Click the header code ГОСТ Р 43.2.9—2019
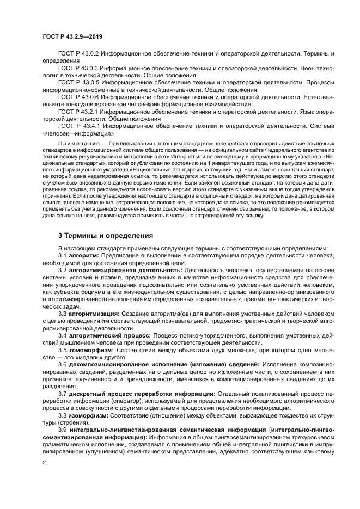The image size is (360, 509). pos(72,36)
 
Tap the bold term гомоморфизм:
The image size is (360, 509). pos(87,351)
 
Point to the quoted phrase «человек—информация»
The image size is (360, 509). pos(78,132)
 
